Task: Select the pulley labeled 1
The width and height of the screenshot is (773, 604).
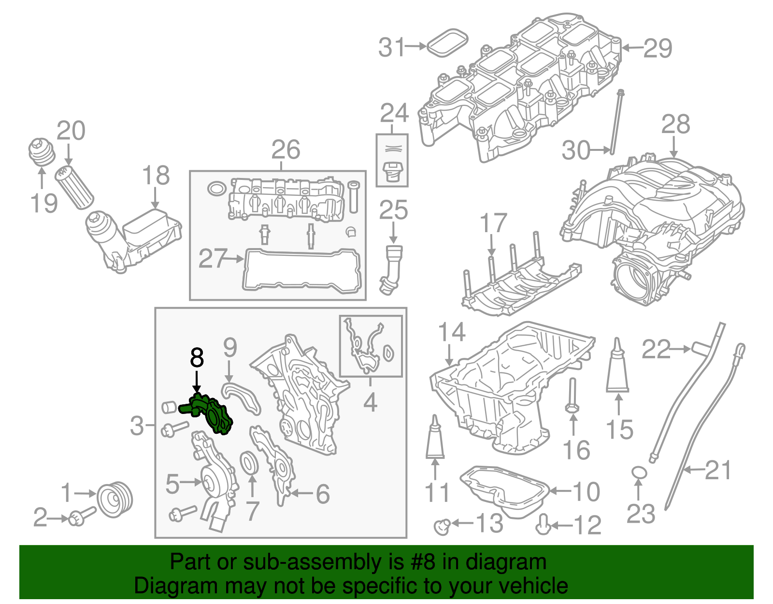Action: [x=115, y=500]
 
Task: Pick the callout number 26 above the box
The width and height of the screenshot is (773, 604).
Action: [x=286, y=149]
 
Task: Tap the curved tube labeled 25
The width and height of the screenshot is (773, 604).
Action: [x=390, y=271]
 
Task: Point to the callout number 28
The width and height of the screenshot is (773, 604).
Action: [x=675, y=124]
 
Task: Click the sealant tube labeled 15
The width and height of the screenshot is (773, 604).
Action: [x=617, y=368]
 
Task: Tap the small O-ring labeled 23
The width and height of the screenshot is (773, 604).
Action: [x=639, y=472]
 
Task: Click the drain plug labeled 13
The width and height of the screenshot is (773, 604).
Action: [x=442, y=525]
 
